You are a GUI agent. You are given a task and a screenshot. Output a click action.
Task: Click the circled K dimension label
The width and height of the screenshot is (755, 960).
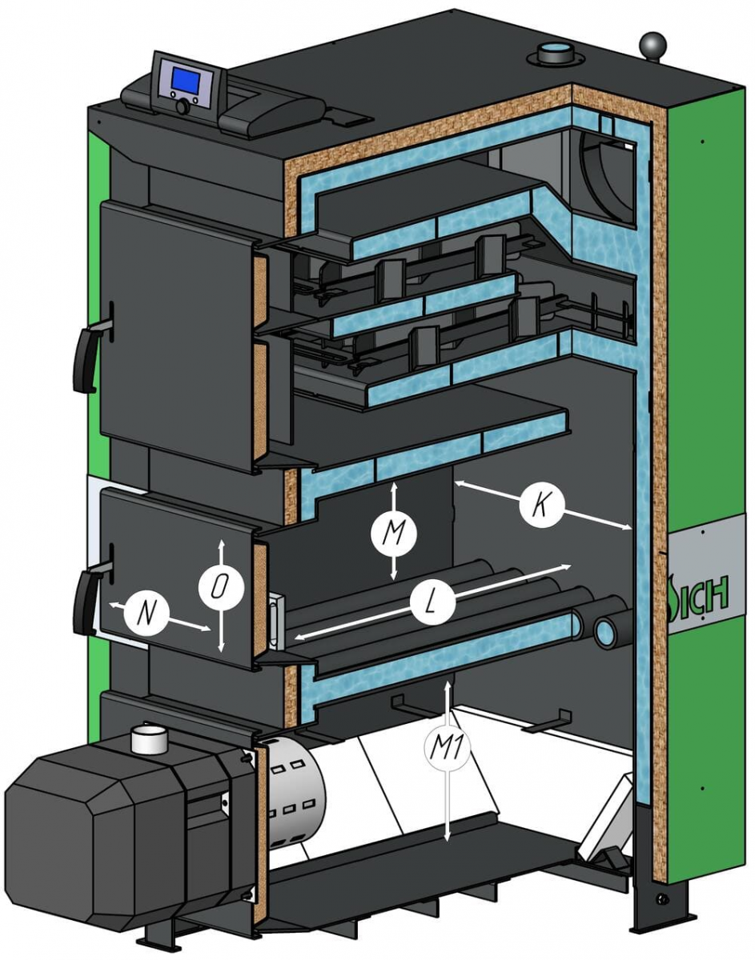coord(542,505)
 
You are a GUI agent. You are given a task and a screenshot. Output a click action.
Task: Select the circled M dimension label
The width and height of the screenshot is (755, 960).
coord(393,531)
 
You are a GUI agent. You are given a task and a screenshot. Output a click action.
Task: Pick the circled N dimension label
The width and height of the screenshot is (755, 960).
coord(146,613)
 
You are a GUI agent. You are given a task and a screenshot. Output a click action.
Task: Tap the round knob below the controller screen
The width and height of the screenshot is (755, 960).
coord(184,106)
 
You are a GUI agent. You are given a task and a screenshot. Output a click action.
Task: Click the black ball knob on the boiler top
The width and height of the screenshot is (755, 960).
coord(655,45)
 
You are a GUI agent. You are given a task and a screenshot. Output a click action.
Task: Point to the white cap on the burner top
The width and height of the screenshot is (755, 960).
coord(149,740)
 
